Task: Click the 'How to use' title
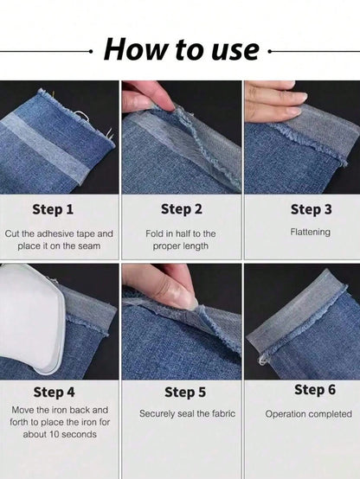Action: click(182, 49)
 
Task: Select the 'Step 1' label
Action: click(53, 209)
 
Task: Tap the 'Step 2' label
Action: click(182, 209)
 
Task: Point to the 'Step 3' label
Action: click(311, 209)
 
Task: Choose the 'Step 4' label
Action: click(55, 393)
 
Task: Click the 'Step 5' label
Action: click(185, 393)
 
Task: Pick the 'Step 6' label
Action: click(315, 390)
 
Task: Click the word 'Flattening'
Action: click(310, 233)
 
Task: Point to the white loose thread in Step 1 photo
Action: click(80, 116)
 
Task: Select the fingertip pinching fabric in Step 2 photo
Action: click(164, 99)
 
